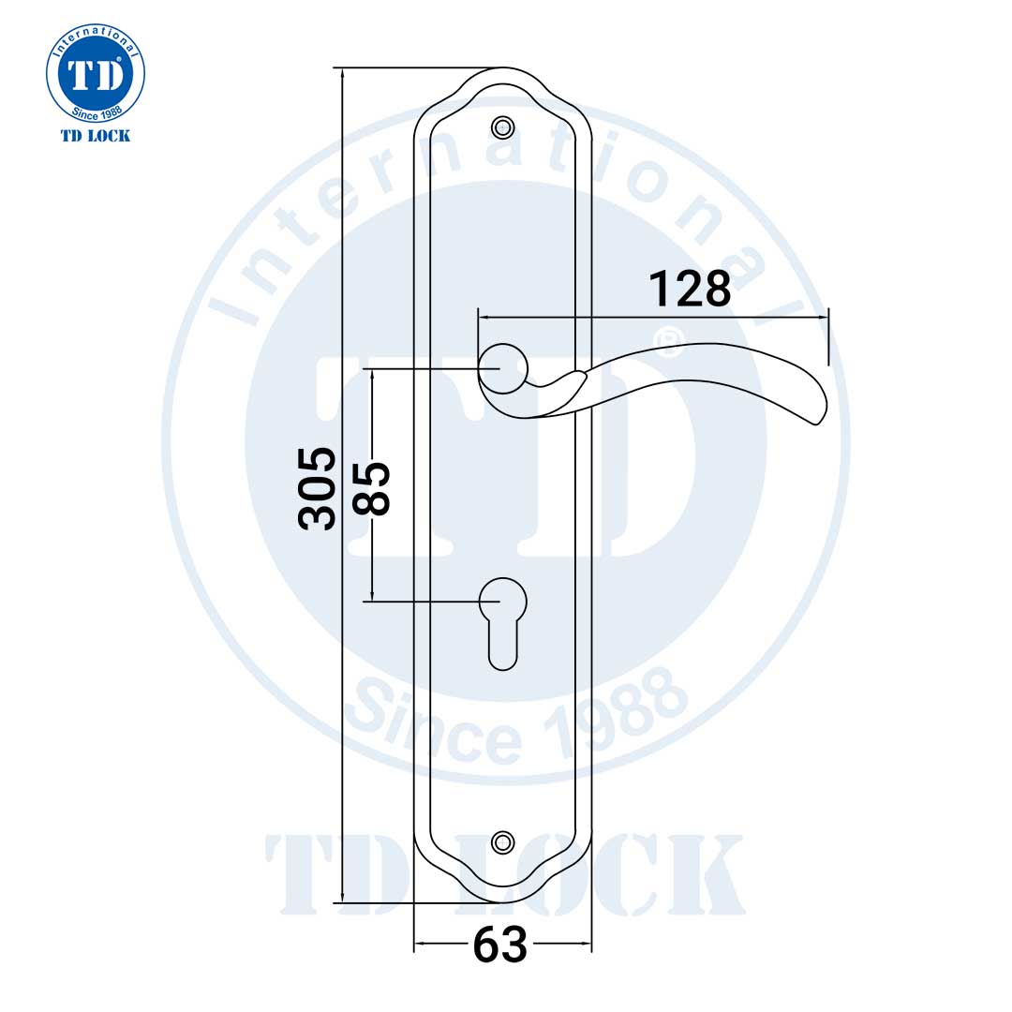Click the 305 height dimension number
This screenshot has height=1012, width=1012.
317,488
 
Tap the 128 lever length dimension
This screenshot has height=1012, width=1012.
690,289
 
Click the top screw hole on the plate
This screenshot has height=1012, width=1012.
503,126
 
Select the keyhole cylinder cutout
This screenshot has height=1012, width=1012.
503,618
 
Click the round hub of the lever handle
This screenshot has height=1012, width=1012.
502,369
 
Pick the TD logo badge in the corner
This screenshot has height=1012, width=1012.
96,74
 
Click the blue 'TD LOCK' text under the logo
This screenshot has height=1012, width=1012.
96,136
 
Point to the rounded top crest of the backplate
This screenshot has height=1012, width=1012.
503,75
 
